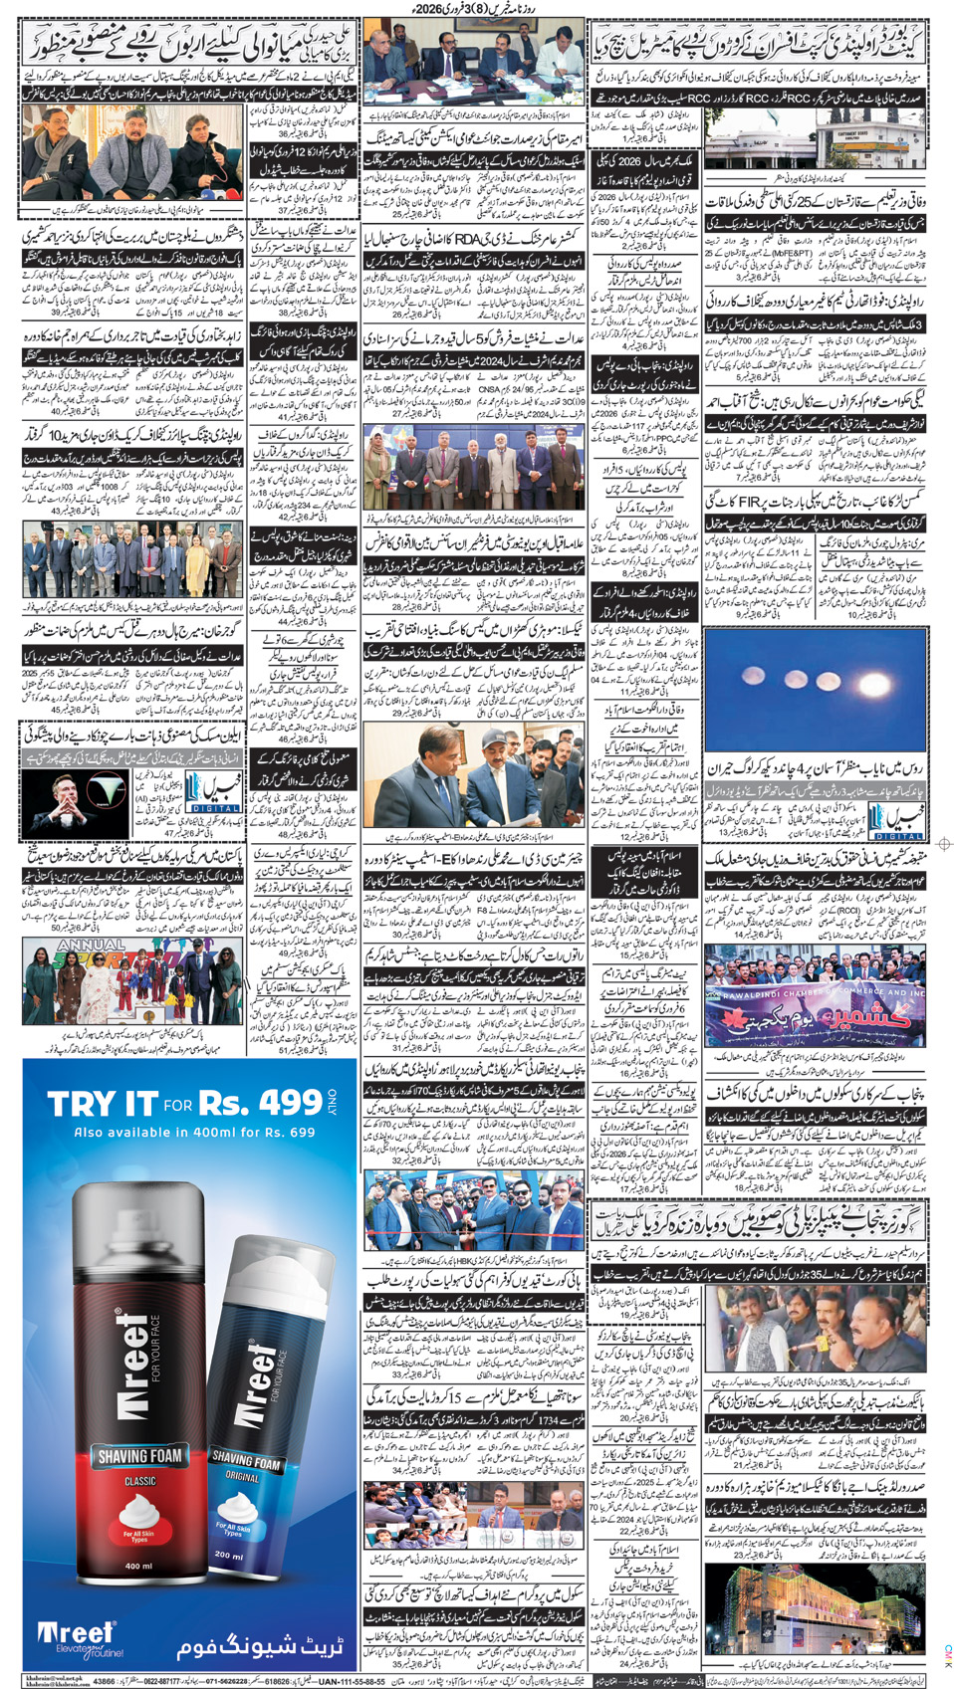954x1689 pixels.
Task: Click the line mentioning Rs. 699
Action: (194, 1132)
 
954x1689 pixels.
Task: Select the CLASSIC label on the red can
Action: (139, 1481)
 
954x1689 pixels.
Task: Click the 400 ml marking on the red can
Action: (139, 1566)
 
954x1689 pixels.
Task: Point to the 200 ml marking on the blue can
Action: (229, 1555)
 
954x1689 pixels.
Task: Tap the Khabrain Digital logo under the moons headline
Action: (896, 821)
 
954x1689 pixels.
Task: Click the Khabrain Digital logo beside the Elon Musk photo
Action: (213, 793)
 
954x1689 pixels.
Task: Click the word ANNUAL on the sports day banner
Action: (92, 944)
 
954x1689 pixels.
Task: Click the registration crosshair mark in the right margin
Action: (943, 844)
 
